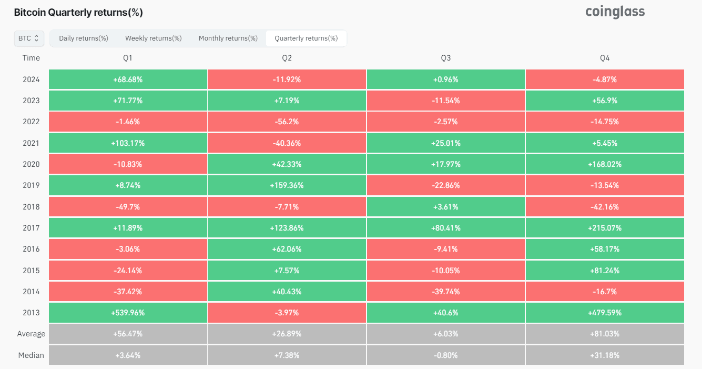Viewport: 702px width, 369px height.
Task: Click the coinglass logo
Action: pyautogui.click(x=615, y=12)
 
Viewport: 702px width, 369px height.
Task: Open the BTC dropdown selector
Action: pyautogui.click(x=29, y=38)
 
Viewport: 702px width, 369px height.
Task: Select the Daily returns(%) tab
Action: pyautogui.click(x=84, y=38)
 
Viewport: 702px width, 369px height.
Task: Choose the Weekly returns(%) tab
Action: pyautogui.click(x=153, y=38)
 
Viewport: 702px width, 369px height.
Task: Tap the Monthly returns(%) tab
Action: pyautogui.click(x=228, y=38)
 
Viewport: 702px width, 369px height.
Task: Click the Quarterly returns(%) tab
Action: pyautogui.click(x=306, y=38)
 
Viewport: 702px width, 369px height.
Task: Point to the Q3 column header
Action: pyautogui.click(x=445, y=58)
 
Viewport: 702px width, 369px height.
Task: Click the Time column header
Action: pyautogui.click(x=31, y=58)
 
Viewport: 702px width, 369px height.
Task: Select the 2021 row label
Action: pyautogui.click(x=31, y=143)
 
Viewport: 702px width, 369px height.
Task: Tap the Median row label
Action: pyautogui.click(x=31, y=355)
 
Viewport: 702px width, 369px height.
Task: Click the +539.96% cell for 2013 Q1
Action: pyautogui.click(x=128, y=313)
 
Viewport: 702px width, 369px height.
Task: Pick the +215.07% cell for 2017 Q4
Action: pyautogui.click(x=605, y=228)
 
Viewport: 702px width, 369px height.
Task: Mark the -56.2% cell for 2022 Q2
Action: pyautogui.click(x=287, y=122)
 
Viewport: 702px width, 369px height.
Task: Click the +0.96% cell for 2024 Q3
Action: pyautogui.click(x=445, y=79)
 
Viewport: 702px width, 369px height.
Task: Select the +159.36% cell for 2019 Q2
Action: pyautogui.click(x=287, y=185)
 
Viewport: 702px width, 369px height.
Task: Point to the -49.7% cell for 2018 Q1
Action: pyautogui.click(x=128, y=207)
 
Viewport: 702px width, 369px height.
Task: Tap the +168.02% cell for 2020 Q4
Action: pyautogui.click(x=605, y=164)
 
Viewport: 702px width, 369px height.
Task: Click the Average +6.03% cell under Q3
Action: pyautogui.click(x=445, y=334)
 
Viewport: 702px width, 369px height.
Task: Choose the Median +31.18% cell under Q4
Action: pyautogui.click(x=605, y=355)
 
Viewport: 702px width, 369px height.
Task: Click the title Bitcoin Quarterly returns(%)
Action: pyautogui.click(x=78, y=13)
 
